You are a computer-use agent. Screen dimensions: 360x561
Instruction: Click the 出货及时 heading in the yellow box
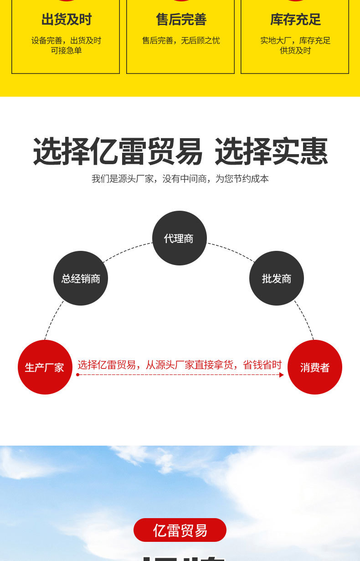click(x=67, y=20)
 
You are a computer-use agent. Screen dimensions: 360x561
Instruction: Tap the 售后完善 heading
click(x=181, y=20)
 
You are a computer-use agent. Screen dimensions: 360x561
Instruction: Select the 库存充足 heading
click(x=295, y=20)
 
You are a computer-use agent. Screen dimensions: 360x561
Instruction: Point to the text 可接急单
click(x=67, y=51)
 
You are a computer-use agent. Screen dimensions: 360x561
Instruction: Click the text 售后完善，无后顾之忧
click(x=181, y=41)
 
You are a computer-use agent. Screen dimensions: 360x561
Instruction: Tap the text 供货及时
click(x=295, y=51)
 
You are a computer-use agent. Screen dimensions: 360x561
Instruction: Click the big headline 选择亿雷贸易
click(x=118, y=152)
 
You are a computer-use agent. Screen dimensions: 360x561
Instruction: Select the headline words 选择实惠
click(x=271, y=152)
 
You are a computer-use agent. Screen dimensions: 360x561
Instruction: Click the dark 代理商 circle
click(x=179, y=238)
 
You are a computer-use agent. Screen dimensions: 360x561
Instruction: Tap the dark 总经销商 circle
click(x=81, y=278)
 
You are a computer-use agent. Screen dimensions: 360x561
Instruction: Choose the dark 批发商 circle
click(x=276, y=278)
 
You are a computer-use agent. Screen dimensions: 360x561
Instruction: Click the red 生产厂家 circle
click(x=45, y=367)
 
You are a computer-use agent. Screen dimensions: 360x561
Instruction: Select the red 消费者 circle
click(x=315, y=367)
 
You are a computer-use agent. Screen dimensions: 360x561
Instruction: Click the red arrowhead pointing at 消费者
click(x=282, y=375)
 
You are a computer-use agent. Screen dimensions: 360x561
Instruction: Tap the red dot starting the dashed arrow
click(x=78, y=375)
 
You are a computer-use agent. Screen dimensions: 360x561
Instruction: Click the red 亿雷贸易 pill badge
click(x=180, y=530)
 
